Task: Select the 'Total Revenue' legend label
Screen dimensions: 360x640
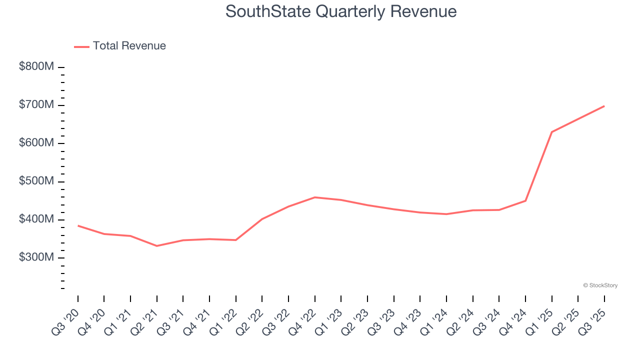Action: pos(129,46)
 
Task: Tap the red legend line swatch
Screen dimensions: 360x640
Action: pos(81,46)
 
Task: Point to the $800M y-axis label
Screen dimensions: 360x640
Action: pos(36,67)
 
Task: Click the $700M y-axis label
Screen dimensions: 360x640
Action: pos(36,105)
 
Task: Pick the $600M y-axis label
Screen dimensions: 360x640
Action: pos(36,143)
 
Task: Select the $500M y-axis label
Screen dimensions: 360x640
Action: pos(36,181)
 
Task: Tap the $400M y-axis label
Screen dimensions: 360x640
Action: pos(36,219)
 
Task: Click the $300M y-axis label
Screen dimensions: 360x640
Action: pos(36,257)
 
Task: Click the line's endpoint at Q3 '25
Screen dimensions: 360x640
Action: pos(604,106)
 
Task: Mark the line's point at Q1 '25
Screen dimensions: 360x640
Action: pos(551,132)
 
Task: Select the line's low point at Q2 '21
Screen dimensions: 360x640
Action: pos(157,246)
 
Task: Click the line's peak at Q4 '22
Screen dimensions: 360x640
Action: pos(315,197)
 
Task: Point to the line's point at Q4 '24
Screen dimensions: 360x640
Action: pos(525,200)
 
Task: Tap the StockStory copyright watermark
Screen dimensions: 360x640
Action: pos(600,285)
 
